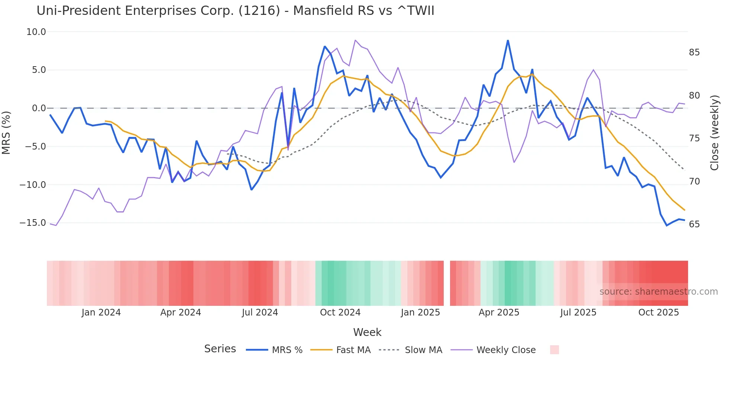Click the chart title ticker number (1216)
259,11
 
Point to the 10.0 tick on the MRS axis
36,32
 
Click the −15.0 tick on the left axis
33,223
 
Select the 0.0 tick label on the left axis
39,108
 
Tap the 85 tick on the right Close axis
694,52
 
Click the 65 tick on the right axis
694,224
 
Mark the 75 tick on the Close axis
694,138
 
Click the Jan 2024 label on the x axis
101,313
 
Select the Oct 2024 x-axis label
340,313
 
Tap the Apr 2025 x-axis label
499,313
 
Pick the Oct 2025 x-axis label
658,313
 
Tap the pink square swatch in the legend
554,350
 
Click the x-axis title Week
367,332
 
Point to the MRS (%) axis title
6,132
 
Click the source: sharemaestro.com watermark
658,292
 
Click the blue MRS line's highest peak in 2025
508,41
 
